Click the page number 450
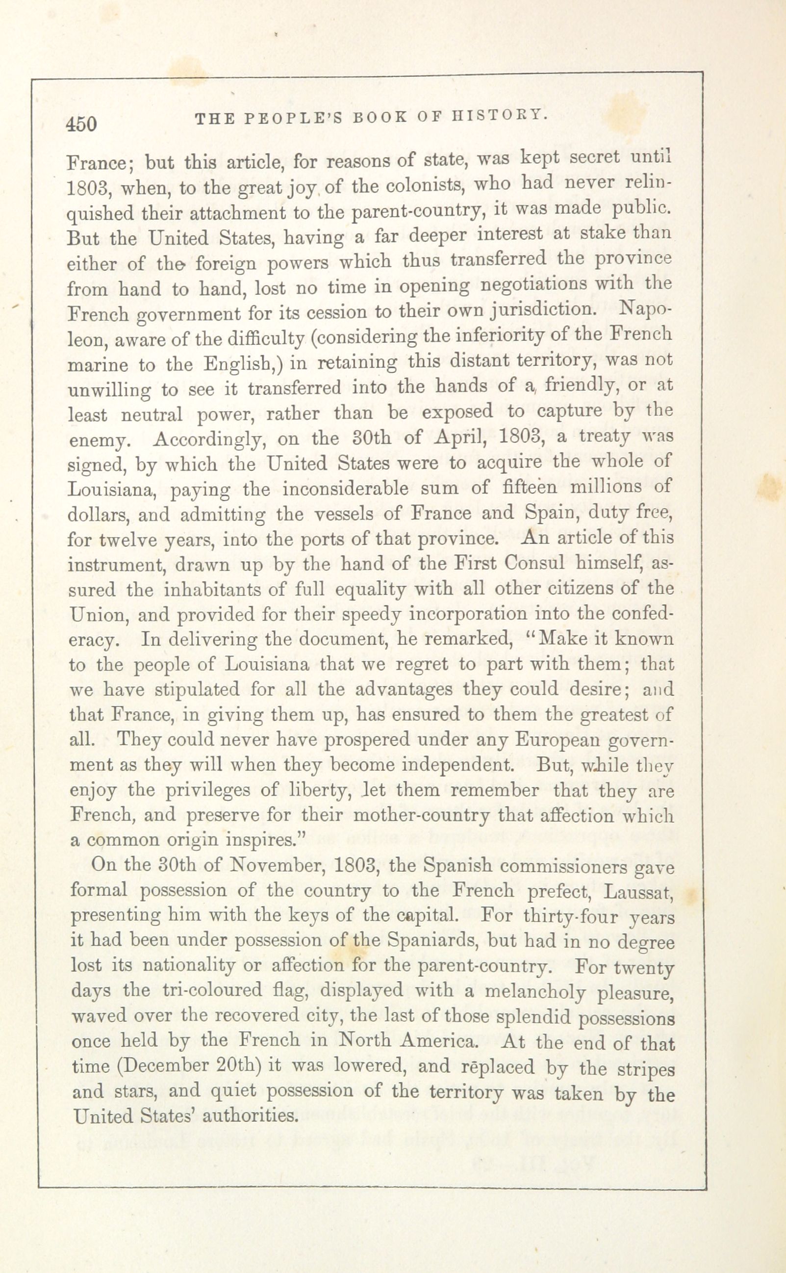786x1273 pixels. point(81,125)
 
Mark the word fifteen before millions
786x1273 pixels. point(530,487)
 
